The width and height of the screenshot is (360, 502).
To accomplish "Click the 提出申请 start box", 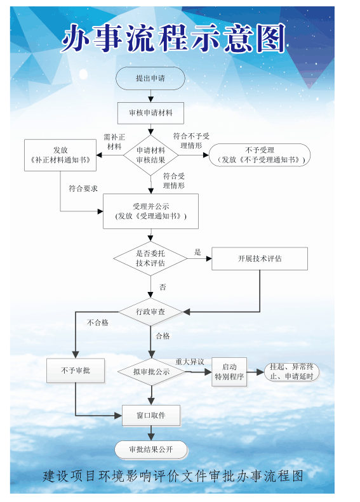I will tap(150, 78).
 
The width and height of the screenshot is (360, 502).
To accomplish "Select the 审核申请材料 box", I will tap(150, 113).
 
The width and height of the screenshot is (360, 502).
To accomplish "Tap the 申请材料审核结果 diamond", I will tap(150, 155).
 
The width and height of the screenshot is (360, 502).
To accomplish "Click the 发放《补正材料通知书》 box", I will tap(60, 155).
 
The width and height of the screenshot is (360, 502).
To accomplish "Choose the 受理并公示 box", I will tap(150, 211).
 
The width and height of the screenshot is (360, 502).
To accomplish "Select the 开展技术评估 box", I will tap(259, 259).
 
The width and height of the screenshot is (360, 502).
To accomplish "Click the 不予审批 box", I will tap(76, 371).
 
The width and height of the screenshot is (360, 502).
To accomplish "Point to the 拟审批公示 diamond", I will tap(150, 372).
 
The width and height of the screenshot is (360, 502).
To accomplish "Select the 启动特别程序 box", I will tap(229, 372).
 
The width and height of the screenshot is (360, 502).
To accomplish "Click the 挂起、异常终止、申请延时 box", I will tap(291, 372).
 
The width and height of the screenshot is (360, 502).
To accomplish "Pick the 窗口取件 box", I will tap(150, 416).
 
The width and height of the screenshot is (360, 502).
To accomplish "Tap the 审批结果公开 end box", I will tap(150, 450).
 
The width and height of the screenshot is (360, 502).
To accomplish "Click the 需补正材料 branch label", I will tap(114, 142).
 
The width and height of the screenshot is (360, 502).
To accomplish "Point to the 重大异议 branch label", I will tap(189, 362).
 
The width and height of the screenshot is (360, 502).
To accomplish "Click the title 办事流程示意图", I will tap(173, 39).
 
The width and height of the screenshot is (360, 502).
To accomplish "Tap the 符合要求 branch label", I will tap(83, 188).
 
